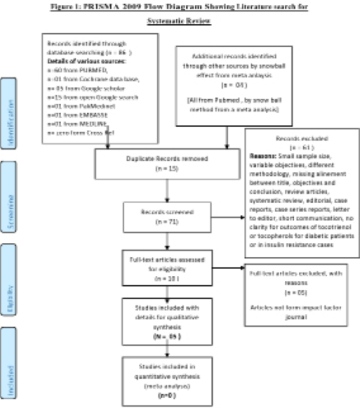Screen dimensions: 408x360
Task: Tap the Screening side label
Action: pos(8,204)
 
